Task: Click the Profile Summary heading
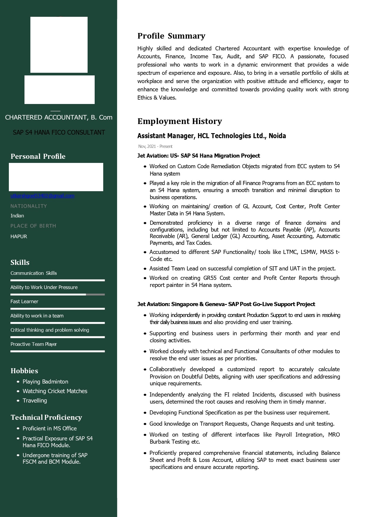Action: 171,36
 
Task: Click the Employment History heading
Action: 180,121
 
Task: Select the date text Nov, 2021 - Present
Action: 155,146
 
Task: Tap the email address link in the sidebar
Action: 42,196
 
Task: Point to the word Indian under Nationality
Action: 17,216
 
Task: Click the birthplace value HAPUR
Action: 19,237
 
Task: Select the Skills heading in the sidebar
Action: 20,262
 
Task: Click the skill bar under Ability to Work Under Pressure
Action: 58,294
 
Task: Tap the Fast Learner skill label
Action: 24,301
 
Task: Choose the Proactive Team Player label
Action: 34,344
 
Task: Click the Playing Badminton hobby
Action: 45,381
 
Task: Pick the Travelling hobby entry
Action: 35,400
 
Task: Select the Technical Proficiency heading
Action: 46,417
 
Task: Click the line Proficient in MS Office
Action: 50,428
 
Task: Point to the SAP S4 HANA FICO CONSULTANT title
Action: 59,133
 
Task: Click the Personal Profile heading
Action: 38,156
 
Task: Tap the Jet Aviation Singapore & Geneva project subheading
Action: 226,304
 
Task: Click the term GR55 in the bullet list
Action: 210,278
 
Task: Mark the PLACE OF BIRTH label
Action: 33,226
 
